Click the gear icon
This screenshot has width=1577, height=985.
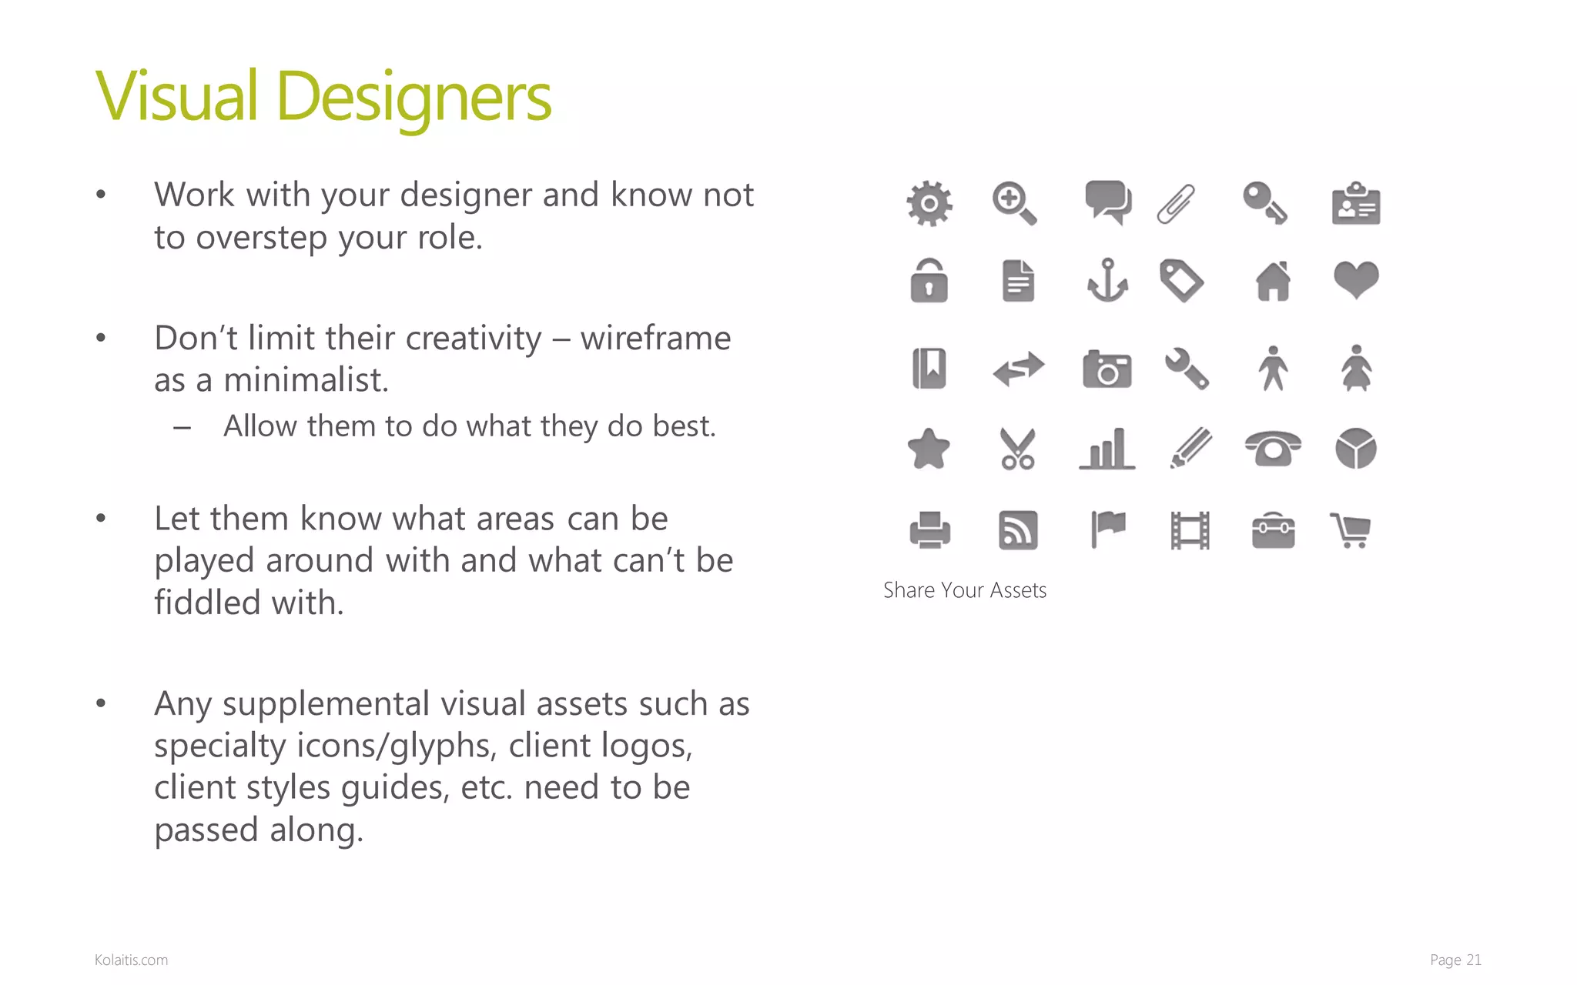[x=929, y=204]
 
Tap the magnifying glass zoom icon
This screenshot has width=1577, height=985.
[x=1014, y=203]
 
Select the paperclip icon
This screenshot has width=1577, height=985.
[x=1177, y=204]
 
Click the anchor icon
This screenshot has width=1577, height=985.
[x=1107, y=281]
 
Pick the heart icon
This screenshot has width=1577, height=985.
[x=1356, y=279]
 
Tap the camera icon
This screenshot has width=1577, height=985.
[x=1107, y=369]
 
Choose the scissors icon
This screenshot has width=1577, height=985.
[x=1017, y=449]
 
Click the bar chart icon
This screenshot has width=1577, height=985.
[x=1107, y=449]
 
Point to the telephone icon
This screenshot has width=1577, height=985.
[x=1273, y=449]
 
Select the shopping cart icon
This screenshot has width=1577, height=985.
[x=1351, y=530]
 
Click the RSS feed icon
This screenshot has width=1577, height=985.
[x=1018, y=530]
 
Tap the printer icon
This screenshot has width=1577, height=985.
[x=929, y=530]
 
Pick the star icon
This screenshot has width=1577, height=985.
[x=929, y=449]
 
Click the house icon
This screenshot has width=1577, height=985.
[x=1273, y=281]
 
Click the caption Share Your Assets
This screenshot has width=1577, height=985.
[x=964, y=590]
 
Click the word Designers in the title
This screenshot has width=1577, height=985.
[x=413, y=98]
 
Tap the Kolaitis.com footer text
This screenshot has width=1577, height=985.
[x=131, y=960]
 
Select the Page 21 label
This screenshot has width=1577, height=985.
[x=1455, y=960]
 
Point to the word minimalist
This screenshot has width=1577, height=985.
[x=306, y=380]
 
